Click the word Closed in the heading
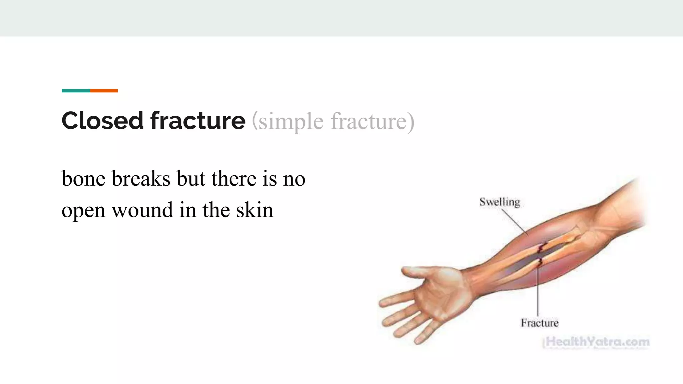(x=102, y=121)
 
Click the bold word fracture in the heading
(x=198, y=121)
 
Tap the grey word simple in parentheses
(x=291, y=122)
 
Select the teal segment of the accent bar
(x=76, y=91)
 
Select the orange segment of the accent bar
(x=104, y=91)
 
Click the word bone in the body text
(x=83, y=179)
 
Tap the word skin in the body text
(x=255, y=210)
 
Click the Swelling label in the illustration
(x=500, y=202)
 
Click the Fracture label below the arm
(x=539, y=323)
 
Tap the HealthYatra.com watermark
(x=597, y=342)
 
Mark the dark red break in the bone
(x=541, y=248)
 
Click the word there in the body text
(x=234, y=179)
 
